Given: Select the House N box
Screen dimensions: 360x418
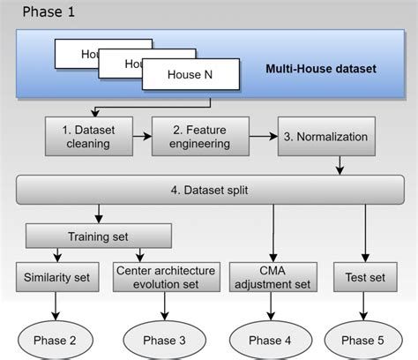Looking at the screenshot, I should (x=190, y=75).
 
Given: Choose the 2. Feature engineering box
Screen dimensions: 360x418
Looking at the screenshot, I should (x=199, y=136).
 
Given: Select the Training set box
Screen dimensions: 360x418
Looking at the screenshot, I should (x=98, y=236).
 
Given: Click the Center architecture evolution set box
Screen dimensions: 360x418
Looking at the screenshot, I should (x=168, y=279).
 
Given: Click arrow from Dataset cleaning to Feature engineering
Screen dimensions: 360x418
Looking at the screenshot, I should (x=141, y=137).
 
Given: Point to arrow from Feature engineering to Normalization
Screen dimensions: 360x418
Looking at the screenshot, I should (x=263, y=137).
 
